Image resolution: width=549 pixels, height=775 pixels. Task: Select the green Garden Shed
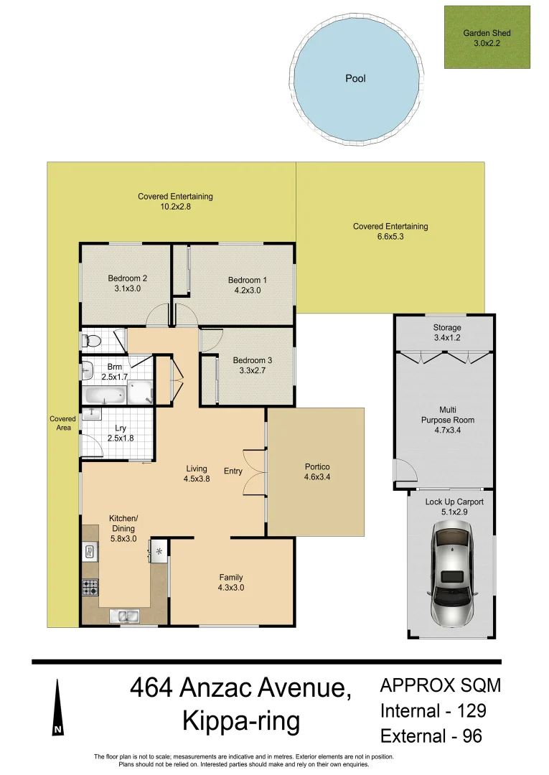click(x=487, y=37)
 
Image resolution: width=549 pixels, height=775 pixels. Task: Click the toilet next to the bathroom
click(x=89, y=340)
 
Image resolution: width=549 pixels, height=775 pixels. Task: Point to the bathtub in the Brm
click(x=105, y=395)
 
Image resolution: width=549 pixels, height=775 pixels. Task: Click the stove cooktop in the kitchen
click(x=90, y=588)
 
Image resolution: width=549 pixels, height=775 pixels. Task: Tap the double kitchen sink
click(x=124, y=615)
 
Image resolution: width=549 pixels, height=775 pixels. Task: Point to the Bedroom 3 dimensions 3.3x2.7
click(x=252, y=372)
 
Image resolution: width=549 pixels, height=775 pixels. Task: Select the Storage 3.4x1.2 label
click(x=447, y=332)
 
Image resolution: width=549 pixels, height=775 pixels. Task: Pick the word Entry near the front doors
click(x=233, y=471)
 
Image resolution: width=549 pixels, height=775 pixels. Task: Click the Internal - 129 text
click(x=433, y=710)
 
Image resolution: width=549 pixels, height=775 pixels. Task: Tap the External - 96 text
click(x=431, y=736)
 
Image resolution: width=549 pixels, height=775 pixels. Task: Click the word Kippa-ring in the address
click(x=241, y=721)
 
